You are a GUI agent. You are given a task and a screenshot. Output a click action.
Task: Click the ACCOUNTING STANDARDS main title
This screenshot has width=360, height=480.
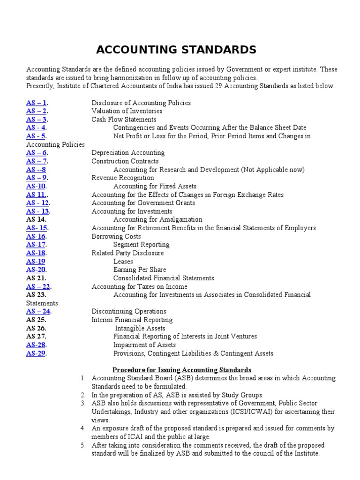(x=176, y=50)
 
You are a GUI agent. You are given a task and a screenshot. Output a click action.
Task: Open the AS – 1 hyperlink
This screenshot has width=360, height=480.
(x=37, y=103)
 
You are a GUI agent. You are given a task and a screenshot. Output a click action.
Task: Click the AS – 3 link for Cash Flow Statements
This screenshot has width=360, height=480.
(x=37, y=120)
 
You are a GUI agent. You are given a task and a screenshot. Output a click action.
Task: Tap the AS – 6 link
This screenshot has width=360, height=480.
(x=37, y=153)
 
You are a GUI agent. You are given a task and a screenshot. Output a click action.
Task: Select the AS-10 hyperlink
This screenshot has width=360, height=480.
(x=36, y=186)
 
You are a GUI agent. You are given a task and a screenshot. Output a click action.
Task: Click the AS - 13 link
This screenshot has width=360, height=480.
(x=37, y=211)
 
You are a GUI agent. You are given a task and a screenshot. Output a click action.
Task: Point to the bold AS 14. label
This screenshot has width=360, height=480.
(x=36, y=219)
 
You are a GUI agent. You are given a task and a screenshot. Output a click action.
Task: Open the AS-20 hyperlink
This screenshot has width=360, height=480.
(x=36, y=270)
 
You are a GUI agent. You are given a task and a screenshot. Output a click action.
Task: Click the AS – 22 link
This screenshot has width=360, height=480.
(x=38, y=286)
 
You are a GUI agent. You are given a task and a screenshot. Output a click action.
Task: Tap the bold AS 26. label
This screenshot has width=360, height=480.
(x=36, y=328)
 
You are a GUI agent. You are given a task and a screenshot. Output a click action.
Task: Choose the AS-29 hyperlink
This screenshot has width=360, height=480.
(x=36, y=353)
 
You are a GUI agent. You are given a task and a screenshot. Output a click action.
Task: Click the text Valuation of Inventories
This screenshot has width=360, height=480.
(x=127, y=111)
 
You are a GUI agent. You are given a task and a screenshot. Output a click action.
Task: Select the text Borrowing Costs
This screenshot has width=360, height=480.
(x=116, y=236)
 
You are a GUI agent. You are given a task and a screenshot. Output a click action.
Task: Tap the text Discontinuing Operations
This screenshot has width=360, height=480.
(x=129, y=311)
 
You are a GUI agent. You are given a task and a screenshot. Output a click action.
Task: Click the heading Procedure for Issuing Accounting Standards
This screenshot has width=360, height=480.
(x=182, y=370)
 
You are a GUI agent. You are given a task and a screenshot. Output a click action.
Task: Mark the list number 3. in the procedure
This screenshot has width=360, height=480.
(x=82, y=403)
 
